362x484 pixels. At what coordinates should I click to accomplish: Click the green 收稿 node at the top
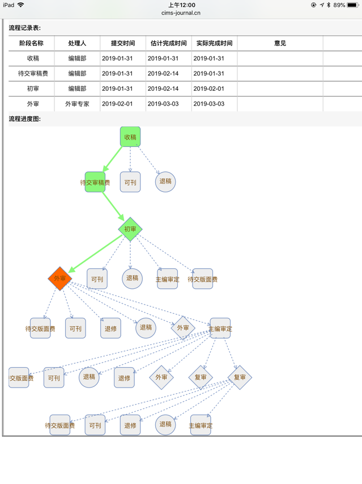[x=130, y=137]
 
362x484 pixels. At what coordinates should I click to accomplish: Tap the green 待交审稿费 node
[x=95, y=182]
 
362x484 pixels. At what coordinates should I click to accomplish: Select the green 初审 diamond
[x=130, y=229]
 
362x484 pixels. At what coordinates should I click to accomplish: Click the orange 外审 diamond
[x=59, y=279]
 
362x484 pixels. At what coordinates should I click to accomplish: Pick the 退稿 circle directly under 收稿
[x=165, y=182]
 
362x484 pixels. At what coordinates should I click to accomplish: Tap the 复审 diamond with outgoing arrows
[x=240, y=377]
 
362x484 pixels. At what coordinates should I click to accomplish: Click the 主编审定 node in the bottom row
[x=201, y=425]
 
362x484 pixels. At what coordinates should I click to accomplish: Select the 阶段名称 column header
[x=31, y=43]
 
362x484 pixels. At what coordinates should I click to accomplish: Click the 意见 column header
[x=280, y=43]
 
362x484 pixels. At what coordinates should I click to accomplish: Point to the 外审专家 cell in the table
[x=77, y=104]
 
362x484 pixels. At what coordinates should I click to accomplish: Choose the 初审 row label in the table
[x=33, y=89]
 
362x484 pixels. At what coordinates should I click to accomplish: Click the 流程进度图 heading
[x=25, y=119]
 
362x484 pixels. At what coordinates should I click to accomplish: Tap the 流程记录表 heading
[x=25, y=28]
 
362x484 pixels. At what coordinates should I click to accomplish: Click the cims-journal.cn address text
[x=181, y=12]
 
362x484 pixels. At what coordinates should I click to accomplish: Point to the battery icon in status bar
[x=354, y=5]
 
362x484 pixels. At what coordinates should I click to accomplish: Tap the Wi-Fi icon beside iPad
[x=21, y=5]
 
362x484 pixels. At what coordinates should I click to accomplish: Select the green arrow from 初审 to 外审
[x=96, y=255]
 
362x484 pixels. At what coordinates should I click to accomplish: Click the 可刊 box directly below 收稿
[x=130, y=182]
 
